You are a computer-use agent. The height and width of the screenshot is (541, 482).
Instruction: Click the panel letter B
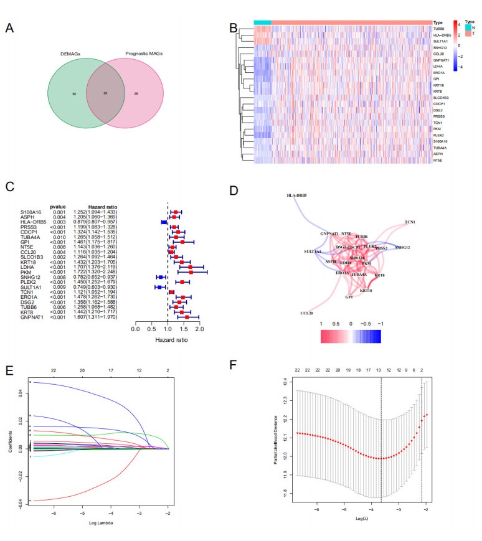[233, 28]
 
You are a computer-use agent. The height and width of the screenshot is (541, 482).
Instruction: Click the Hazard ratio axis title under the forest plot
[168, 341]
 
